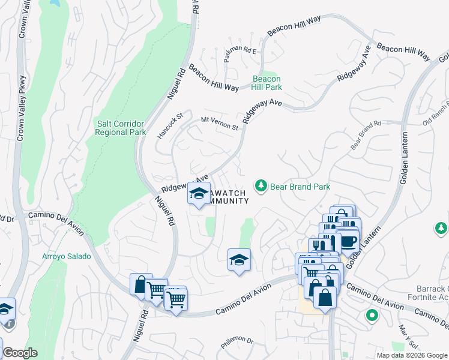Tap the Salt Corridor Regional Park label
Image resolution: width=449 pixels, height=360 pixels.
coord(121,128)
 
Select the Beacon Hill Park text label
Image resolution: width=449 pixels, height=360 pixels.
coord(267,83)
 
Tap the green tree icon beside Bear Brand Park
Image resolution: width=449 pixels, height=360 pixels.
coord(261,187)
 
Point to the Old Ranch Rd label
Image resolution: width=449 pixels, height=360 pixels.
coord(436,115)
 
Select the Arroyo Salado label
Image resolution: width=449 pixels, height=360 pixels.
coord(66,256)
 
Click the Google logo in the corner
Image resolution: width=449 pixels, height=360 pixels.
coord(20,353)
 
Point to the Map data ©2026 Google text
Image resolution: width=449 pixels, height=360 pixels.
coord(411,355)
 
